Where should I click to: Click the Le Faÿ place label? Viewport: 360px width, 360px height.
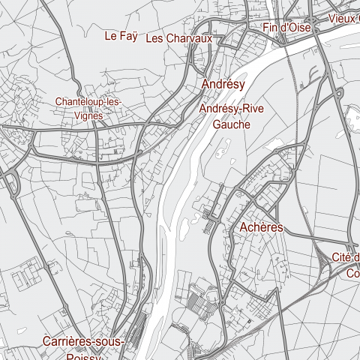tap(121, 35)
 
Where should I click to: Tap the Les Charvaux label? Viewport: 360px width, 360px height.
tap(180, 38)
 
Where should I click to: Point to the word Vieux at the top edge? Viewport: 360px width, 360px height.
tap(343, 18)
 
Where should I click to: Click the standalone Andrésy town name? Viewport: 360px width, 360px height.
tap(223, 85)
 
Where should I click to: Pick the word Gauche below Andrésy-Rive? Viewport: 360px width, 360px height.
tap(231, 124)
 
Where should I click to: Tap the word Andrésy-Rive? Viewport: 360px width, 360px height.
tap(232, 109)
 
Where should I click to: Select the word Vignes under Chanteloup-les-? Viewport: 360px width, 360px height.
tap(88, 116)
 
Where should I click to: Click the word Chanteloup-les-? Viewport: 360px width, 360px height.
tap(88, 102)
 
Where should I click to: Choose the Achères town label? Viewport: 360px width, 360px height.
tap(261, 227)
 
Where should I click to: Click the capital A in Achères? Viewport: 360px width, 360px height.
tap(244, 227)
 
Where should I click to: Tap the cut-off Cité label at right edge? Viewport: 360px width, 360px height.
tap(346, 259)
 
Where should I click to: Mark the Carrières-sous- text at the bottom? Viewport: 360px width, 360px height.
tap(82, 341)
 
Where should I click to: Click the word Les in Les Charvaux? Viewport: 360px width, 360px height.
tap(155, 38)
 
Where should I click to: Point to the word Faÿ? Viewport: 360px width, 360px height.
tap(130, 35)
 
